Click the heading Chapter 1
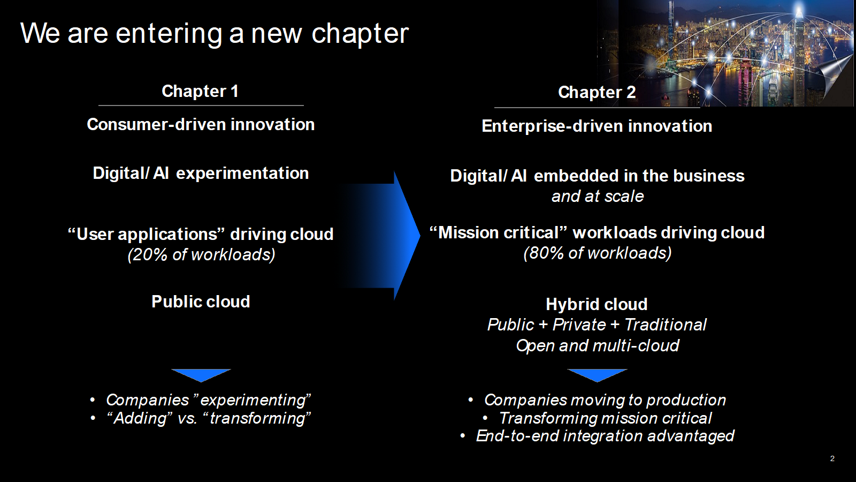coord(200,92)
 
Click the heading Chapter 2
coord(597,93)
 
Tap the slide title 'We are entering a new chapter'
coord(215,34)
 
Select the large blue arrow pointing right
coord(378,236)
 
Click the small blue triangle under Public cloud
coord(201,375)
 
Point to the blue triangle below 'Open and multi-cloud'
coord(597,375)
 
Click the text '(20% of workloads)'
coord(201,255)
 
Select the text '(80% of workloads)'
coord(597,253)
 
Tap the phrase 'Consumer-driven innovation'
coord(201,125)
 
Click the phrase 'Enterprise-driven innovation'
coord(597,126)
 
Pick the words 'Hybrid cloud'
coord(597,305)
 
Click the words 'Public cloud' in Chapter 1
coord(201,302)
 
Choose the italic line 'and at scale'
coord(598,197)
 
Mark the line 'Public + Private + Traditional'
coord(597,325)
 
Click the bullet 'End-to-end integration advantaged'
coord(605,436)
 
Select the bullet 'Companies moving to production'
coord(605,400)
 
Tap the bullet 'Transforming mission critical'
coord(605,418)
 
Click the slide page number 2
coord(832,458)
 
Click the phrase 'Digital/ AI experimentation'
coord(201,174)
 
